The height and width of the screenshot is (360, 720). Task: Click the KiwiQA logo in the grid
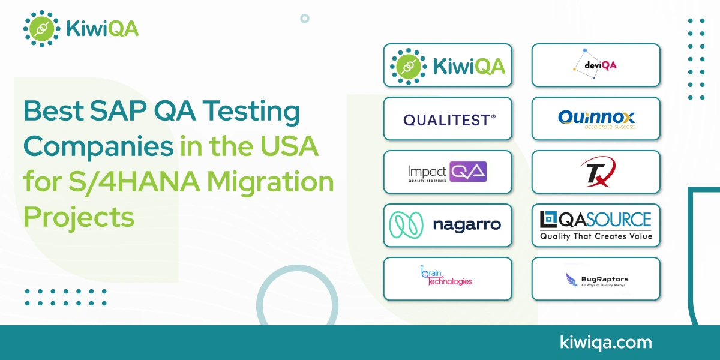[x=448, y=65]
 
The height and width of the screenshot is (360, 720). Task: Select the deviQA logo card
[x=596, y=65]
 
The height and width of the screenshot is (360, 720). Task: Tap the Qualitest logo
[x=448, y=119]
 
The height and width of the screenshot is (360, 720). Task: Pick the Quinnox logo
[x=596, y=118]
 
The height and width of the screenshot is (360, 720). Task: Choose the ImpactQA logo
[x=448, y=172]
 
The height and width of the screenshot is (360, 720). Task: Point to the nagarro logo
[x=448, y=225]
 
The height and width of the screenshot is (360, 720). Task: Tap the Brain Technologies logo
[x=448, y=278]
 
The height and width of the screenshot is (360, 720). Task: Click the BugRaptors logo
[x=596, y=279]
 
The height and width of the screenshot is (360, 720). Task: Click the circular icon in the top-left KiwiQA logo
[x=41, y=28]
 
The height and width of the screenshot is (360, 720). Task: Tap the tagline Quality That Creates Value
[x=596, y=236]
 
